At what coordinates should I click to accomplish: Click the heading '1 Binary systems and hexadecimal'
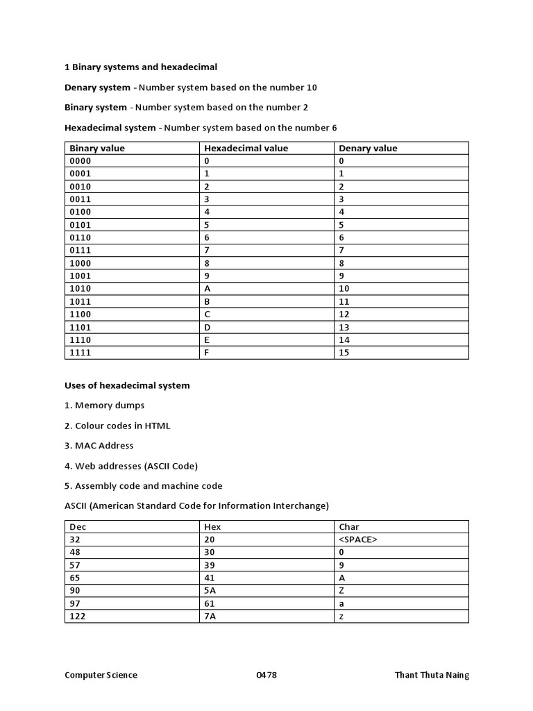[x=141, y=67]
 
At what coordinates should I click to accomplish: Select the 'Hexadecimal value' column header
[x=246, y=148]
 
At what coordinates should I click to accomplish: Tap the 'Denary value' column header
[x=367, y=148]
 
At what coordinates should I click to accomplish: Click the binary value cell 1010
[x=81, y=288]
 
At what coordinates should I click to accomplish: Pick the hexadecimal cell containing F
[x=207, y=353]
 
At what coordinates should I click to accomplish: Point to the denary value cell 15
[x=344, y=353]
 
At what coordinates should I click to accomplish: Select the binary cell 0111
[x=81, y=250]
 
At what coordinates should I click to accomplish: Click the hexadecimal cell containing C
[x=207, y=314]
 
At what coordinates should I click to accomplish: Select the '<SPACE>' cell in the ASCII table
[x=358, y=539]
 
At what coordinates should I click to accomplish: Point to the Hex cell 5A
[x=210, y=590]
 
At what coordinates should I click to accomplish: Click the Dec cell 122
[x=78, y=616]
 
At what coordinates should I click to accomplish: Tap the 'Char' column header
[x=349, y=526]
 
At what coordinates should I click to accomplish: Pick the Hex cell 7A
[x=210, y=616]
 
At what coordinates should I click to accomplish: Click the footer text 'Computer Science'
[x=101, y=675]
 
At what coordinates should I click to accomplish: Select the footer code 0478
[x=266, y=675]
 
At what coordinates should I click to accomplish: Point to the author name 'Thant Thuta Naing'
[x=431, y=675]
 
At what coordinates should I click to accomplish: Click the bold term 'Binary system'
[x=96, y=108]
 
